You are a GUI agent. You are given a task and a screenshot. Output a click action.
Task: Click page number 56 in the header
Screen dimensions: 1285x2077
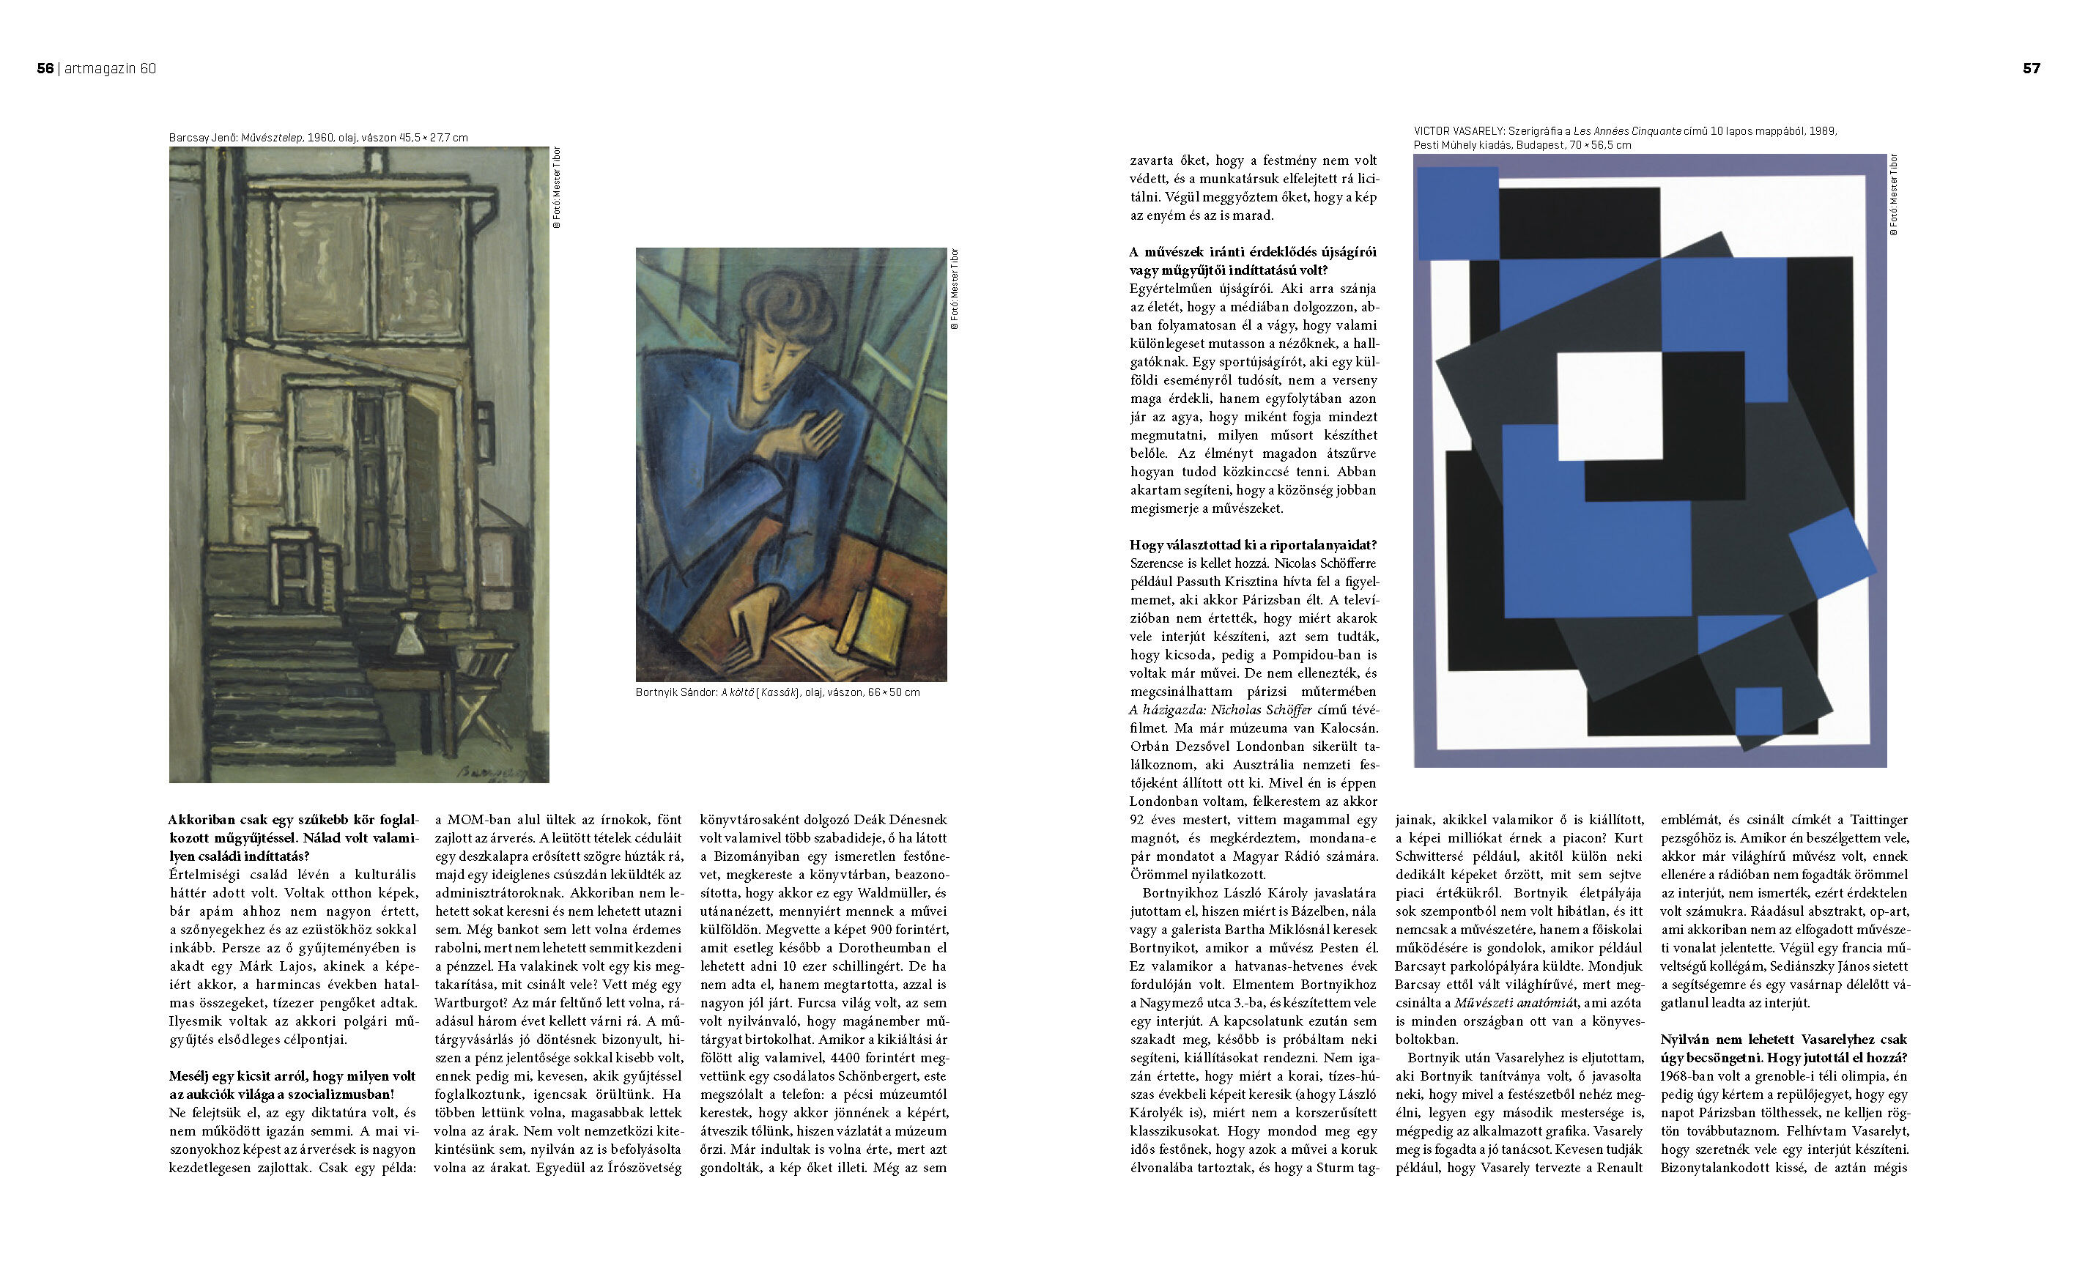45,69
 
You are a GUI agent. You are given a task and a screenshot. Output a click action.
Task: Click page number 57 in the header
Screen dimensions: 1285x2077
2031,69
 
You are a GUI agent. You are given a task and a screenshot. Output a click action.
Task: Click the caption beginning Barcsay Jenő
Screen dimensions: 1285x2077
318,138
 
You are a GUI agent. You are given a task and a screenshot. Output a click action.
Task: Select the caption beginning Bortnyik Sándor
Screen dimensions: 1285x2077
777,692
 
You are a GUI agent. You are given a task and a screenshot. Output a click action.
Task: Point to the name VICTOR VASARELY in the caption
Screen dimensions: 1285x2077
1459,132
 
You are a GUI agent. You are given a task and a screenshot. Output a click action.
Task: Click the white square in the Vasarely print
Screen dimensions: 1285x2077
1609,405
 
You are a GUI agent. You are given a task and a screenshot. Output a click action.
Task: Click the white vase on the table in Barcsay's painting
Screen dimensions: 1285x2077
410,634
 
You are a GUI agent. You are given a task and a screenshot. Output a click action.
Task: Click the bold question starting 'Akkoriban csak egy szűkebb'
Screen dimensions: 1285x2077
293,838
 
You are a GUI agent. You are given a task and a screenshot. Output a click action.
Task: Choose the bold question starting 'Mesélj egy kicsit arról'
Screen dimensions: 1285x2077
293,1085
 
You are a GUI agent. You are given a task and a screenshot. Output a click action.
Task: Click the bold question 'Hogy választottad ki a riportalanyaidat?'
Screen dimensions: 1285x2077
1253,546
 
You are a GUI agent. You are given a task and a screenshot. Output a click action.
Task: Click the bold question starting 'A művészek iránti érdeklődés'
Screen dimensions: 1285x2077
1253,262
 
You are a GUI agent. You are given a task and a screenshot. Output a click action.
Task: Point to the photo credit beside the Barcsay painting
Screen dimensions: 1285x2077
558,188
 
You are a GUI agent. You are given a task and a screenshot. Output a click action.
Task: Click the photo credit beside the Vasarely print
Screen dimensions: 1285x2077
1893,195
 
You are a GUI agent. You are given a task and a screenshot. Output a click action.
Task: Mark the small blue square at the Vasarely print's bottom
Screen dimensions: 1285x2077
1758,711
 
